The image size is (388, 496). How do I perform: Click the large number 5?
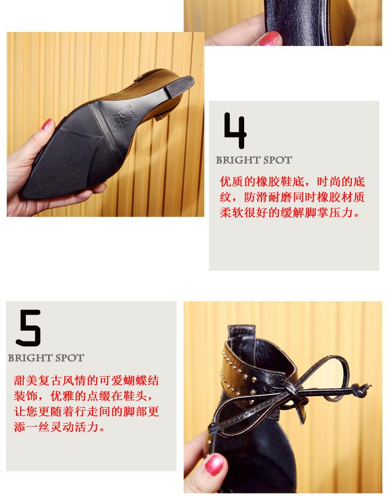pos(29,328)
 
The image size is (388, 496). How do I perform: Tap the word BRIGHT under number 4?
pos(236,160)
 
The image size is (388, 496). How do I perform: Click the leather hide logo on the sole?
pos(116,119)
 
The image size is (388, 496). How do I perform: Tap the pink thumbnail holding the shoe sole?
pos(46,125)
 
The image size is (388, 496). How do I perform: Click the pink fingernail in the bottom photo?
pos(214,464)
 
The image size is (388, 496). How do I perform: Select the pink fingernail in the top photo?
pos(270,39)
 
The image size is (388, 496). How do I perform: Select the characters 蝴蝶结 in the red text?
pos(141,380)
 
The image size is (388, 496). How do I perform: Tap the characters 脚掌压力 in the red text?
pos(329,212)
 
